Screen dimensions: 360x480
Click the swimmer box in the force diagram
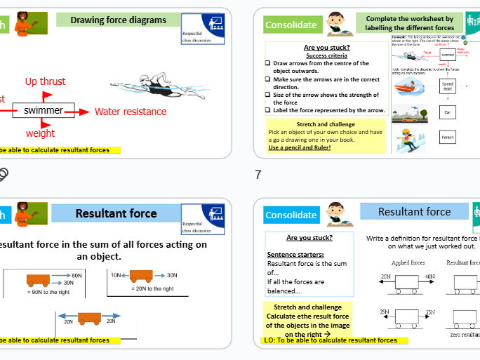43,111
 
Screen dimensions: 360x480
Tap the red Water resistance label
131,112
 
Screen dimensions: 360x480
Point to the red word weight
40,133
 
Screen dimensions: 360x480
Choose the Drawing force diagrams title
118,20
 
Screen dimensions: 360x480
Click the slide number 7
257,174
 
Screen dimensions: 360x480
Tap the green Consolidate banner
290,25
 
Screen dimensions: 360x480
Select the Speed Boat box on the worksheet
448,85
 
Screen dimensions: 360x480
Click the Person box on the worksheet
448,138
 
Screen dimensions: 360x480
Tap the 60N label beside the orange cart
76,276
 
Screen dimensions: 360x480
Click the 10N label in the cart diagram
116,275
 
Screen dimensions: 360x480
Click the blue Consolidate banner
291,215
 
